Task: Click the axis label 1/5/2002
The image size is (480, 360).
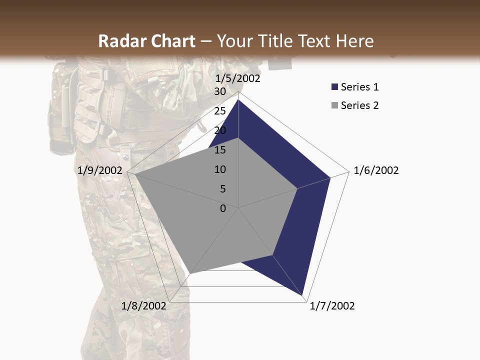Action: (x=237, y=78)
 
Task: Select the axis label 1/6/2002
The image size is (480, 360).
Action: (x=376, y=170)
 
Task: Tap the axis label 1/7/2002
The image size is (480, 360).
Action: (x=332, y=306)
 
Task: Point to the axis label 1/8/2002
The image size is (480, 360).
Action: (x=144, y=306)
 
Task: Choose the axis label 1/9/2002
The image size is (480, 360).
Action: (x=100, y=170)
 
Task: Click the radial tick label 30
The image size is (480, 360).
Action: (x=219, y=91)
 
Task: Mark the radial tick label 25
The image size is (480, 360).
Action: (x=219, y=111)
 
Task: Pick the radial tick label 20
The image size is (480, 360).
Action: (x=219, y=130)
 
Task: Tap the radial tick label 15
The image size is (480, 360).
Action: (x=219, y=150)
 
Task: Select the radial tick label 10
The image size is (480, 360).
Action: (x=219, y=169)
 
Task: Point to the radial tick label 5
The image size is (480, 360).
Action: (x=222, y=189)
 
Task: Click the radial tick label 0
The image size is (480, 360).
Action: (x=223, y=208)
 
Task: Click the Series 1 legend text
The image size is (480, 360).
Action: (x=359, y=87)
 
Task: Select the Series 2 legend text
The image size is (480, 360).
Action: (x=359, y=105)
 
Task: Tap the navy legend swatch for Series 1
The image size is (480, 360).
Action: (x=334, y=87)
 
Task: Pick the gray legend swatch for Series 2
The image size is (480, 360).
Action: (x=334, y=105)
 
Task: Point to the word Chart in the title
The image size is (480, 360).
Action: (x=170, y=41)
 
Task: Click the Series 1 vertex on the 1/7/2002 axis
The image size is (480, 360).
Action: (x=303, y=295)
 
